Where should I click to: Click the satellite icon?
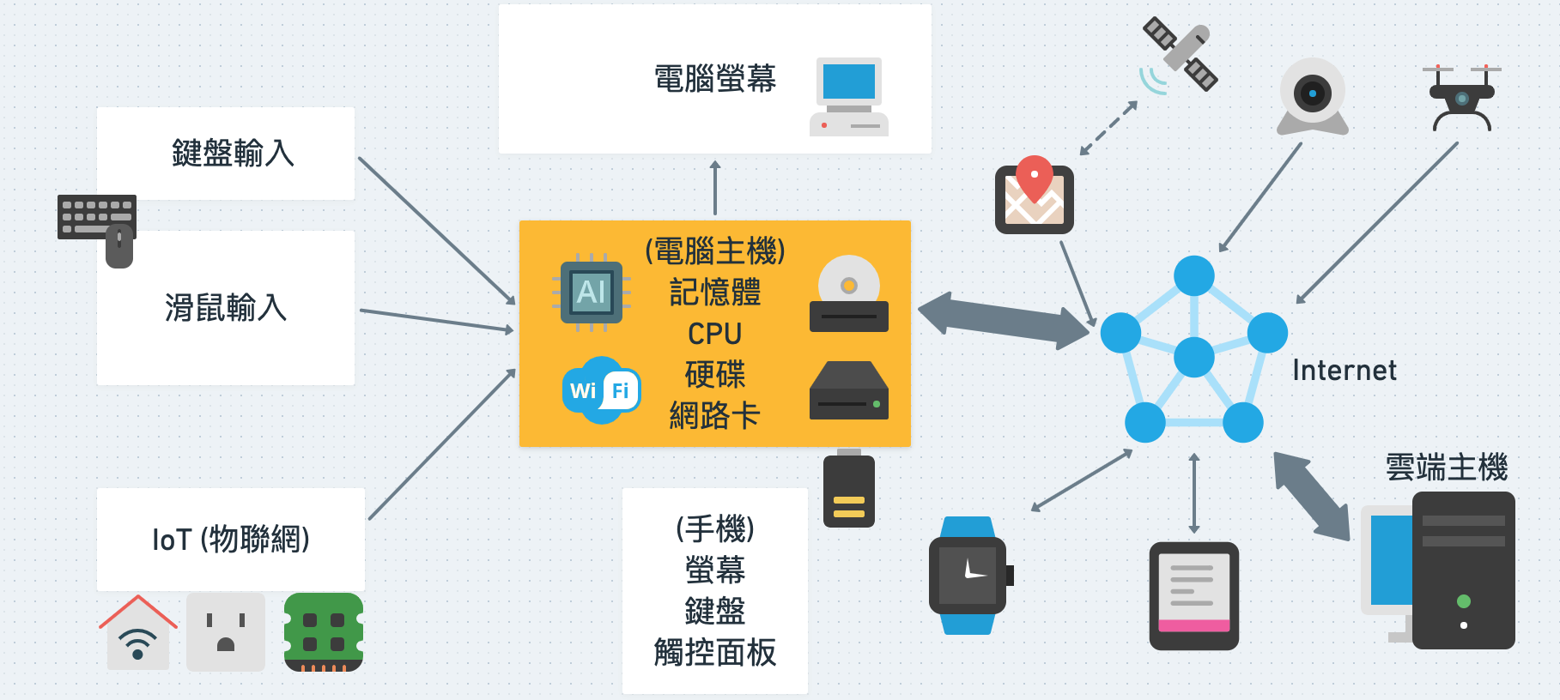1180,53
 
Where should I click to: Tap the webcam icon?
1312,95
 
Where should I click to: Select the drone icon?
1461,97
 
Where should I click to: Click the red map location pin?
1035,176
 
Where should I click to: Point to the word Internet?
1344,371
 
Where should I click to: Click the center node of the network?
1193,357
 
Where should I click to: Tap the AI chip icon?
592,293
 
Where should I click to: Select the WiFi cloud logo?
601,390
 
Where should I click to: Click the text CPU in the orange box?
714,334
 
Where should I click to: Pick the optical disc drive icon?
848,294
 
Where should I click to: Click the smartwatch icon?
968,575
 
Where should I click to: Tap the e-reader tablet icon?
1193,595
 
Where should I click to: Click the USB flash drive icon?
848,488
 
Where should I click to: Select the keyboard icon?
95,214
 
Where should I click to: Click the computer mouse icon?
119,247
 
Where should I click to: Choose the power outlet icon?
226,632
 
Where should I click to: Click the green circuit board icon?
324,632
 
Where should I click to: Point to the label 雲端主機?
1446,468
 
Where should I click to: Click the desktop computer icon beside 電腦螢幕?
849,96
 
